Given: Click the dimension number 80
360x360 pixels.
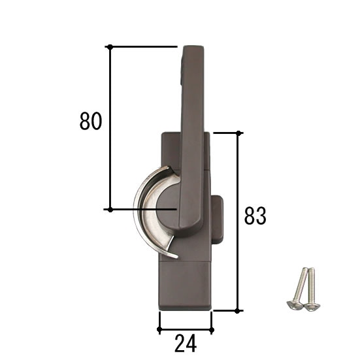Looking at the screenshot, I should [91, 122].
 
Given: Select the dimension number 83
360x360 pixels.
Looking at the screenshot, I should [255, 216].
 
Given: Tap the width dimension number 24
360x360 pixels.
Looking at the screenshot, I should [186, 342].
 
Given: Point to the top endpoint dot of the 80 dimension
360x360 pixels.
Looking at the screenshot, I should [110, 46].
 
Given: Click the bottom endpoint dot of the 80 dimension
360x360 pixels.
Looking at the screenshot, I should [110, 209].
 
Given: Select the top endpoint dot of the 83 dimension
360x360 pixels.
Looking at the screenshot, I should [238, 133].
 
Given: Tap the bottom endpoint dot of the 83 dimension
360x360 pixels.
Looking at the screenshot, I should [238, 310].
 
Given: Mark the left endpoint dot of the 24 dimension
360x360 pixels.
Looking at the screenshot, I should [159, 329].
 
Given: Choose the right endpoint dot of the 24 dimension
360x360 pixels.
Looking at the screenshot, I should [211, 329].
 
